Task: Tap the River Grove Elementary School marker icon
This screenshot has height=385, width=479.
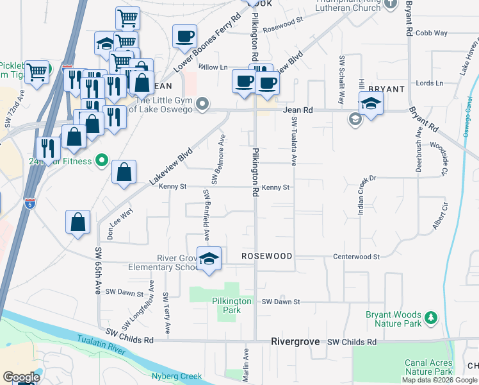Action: coord(209,259)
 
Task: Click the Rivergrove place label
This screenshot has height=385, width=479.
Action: coord(295,342)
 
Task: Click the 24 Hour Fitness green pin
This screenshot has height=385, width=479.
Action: coord(101,160)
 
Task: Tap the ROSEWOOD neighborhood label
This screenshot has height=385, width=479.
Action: coord(266,256)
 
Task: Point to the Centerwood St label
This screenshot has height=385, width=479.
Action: coord(357,257)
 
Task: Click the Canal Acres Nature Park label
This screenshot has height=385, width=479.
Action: coord(429,367)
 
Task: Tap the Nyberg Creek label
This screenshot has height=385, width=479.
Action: coord(177,376)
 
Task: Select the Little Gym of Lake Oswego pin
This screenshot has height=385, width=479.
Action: coord(203,103)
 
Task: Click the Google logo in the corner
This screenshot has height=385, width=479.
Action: coord(21,377)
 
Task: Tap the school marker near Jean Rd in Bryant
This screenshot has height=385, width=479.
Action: coord(371,103)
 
